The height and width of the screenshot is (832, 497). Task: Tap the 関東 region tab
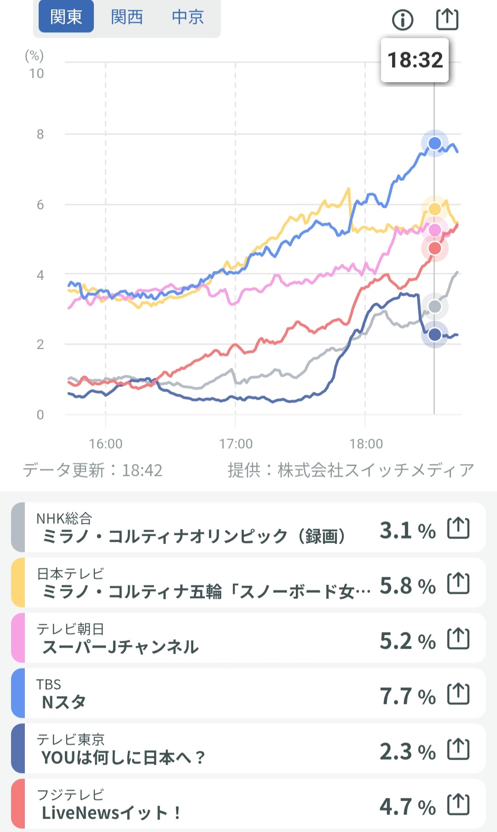point(66,17)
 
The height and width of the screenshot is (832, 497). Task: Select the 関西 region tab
point(127,17)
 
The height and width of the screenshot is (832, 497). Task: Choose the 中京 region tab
point(188,17)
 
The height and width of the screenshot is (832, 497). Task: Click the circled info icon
point(403,20)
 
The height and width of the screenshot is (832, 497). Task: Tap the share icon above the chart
point(447,19)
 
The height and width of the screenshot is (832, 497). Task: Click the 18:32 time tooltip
point(415,60)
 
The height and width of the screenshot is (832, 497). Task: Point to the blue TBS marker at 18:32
point(434,143)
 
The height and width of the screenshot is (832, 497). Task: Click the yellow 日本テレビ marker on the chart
point(434,209)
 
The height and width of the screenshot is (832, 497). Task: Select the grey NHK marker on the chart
point(434,306)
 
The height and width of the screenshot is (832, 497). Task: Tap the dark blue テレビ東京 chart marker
point(434,334)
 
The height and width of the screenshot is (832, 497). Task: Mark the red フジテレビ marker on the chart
point(434,248)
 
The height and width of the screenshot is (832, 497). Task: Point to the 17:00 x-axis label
point(236,444)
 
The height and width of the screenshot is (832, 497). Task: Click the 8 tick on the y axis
point(40,134)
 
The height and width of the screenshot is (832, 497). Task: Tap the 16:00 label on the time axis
point(105,444)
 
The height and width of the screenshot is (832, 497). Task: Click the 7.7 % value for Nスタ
point(407,696)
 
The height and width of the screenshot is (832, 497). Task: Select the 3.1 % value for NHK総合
point(407,530)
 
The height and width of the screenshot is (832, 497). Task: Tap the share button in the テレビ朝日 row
point(458,639)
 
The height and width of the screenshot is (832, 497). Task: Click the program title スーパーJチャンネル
point(120,647)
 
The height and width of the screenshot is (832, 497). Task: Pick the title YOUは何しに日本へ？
point(123,757)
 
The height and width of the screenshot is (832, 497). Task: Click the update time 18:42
point(142,470)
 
